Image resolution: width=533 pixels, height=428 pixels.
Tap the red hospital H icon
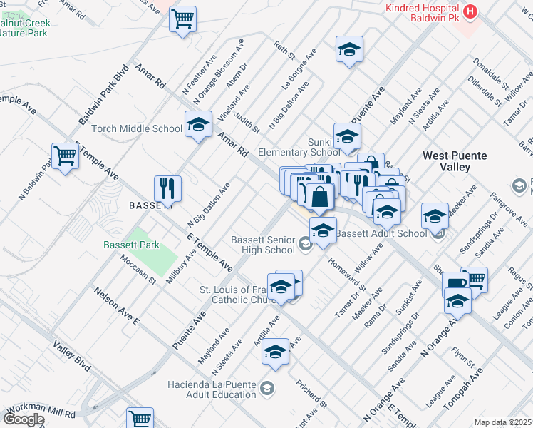pos(470,11)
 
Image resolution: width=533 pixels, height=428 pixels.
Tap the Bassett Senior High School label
pos(262,245)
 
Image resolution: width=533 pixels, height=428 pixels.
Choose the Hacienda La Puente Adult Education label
pos(211,389)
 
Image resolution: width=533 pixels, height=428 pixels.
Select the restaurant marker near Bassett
pos(168,189)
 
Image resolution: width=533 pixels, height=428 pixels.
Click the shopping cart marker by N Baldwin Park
pos(65,156)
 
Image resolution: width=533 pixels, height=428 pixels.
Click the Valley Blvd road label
pos(72,355)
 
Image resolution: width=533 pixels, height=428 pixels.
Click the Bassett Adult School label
pos(382,233)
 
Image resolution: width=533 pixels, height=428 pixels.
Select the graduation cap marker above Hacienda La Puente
pos(275,352)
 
